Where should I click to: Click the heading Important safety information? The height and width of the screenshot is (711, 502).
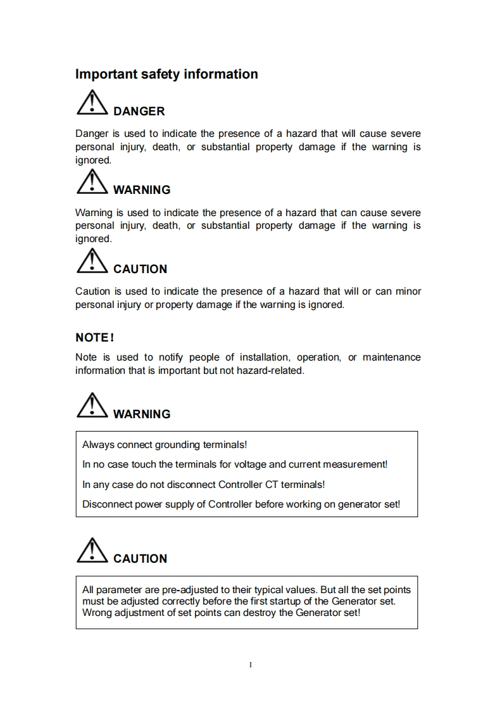[x=166, y=74]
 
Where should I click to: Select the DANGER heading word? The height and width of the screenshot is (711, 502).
[x=139, y=112]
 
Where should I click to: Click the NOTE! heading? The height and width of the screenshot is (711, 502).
[x=94, y=337]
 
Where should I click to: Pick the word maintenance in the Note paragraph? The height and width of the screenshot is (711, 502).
[x=391, y=357]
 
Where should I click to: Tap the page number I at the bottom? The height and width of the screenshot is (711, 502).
[x=251, y=665]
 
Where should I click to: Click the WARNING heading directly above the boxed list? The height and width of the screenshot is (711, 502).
[x=142, y=414]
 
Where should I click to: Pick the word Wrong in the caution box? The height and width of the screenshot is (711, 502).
[x=97, y=613]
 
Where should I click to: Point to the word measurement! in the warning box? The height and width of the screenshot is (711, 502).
[x=355, y=464]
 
